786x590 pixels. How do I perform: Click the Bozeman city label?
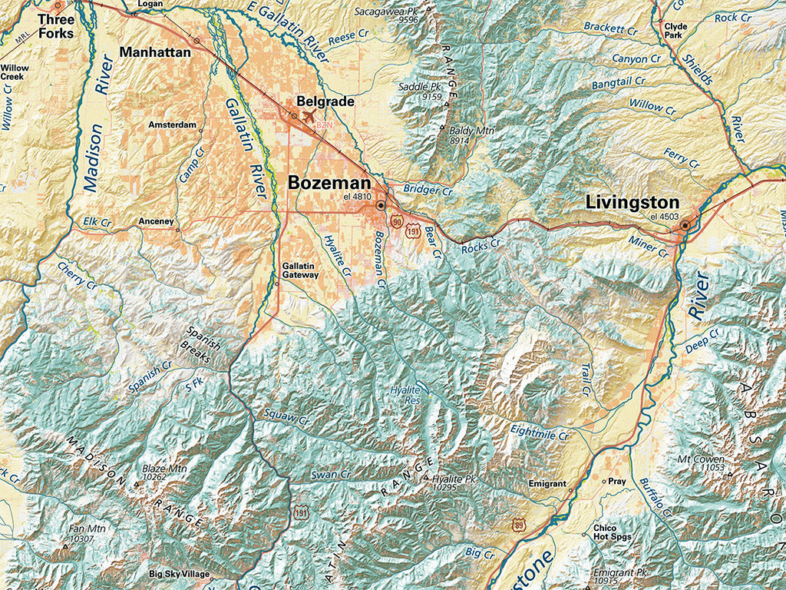329,184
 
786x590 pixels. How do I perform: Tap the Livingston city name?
632,203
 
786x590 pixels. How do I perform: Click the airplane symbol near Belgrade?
310,116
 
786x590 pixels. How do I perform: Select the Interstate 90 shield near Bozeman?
396,222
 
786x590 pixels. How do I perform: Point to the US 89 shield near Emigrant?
518,524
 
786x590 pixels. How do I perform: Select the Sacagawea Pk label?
390,12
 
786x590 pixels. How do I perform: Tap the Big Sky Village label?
180,574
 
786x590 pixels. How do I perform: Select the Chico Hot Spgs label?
611,532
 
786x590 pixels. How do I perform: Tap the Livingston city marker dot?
685,226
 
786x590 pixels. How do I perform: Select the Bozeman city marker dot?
381,206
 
